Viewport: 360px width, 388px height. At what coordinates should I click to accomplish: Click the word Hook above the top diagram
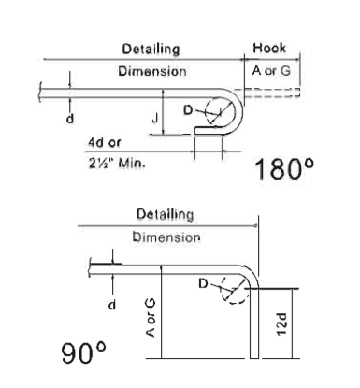pyautogui.click(x=269, y=48)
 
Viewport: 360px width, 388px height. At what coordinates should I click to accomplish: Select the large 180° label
pyautogui.click(x=284, y=168)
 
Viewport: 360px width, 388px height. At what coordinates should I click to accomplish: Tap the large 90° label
pyautogui.click(x=83, y=352)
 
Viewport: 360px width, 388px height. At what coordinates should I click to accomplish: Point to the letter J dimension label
pyautogui.click(x=155, y=119)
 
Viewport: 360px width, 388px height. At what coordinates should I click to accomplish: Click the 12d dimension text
pyautogui.click(x=281, y=324)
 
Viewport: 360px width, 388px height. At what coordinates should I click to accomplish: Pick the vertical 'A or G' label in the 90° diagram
pyautogui.click(x=151, y=318)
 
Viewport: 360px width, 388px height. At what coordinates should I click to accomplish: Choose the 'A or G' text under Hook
pyautogui.click(x=271, y=71)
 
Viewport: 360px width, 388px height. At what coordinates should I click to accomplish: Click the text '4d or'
pyautogui.click(x=104, y=142)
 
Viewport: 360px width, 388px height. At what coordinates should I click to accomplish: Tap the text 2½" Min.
pyautogui.click(x=117, y=163)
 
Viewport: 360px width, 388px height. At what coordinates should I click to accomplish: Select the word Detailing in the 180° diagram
pyautogui.click(x=151, y=49)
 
